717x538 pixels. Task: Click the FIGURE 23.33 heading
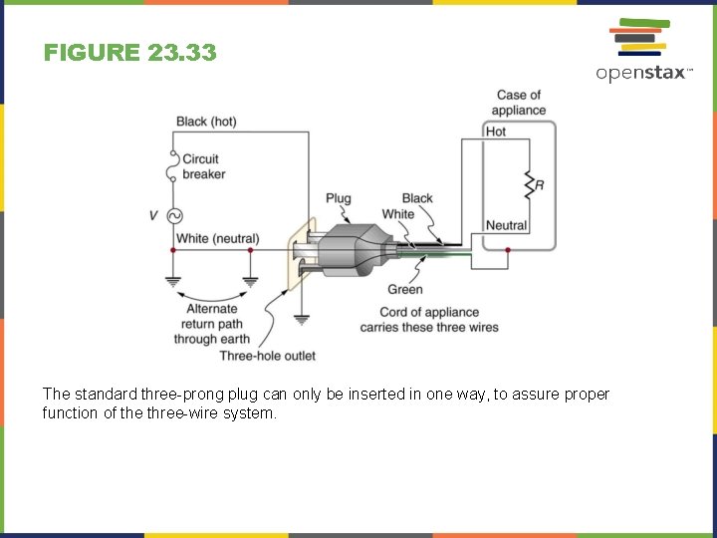(129, 53)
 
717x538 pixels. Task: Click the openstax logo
(642, 50)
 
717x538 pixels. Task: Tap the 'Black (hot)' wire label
(206, 122)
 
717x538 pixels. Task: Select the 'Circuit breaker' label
(203, 166)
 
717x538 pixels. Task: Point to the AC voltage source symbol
(174, 215)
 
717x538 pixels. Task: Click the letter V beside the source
(153, 215)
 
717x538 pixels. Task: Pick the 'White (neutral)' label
(217, 239)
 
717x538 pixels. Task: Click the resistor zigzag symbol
(528, 184)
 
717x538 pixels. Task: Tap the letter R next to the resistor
(540, 185)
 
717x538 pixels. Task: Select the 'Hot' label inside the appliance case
(496, 132)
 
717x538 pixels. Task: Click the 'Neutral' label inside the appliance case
(506, 226)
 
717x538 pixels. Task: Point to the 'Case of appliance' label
(519, 103)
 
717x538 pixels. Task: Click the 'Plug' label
(339, 198)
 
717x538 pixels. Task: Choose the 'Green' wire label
(405, 290)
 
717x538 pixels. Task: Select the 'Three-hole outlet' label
(268, 356)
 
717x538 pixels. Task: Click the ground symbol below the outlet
(302, 319)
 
